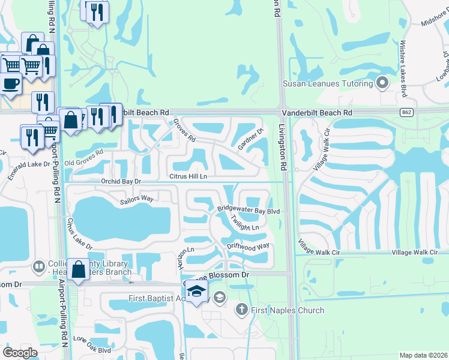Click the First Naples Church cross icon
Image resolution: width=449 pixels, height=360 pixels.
241,310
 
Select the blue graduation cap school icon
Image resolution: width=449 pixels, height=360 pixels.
196,291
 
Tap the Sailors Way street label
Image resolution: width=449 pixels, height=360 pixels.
137,199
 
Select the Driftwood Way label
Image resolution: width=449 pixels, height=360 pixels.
248,246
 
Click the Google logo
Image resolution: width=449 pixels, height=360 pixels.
20,353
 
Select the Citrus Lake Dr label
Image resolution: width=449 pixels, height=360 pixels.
80,233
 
